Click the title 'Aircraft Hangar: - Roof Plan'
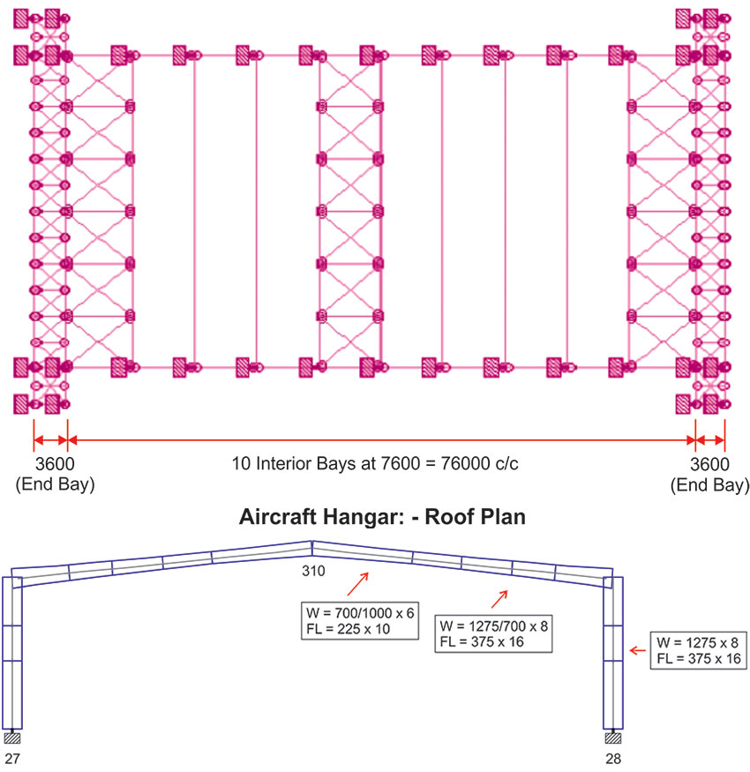tap(382, 517)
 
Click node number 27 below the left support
tap(11, 758)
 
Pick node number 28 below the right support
tap(615, 758)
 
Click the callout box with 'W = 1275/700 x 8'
tap(494, 634)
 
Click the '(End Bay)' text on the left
tap(51, 485)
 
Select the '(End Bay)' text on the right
tap(709, 485)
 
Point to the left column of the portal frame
tap(11, 653)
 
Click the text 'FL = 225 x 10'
tap(344, 629)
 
